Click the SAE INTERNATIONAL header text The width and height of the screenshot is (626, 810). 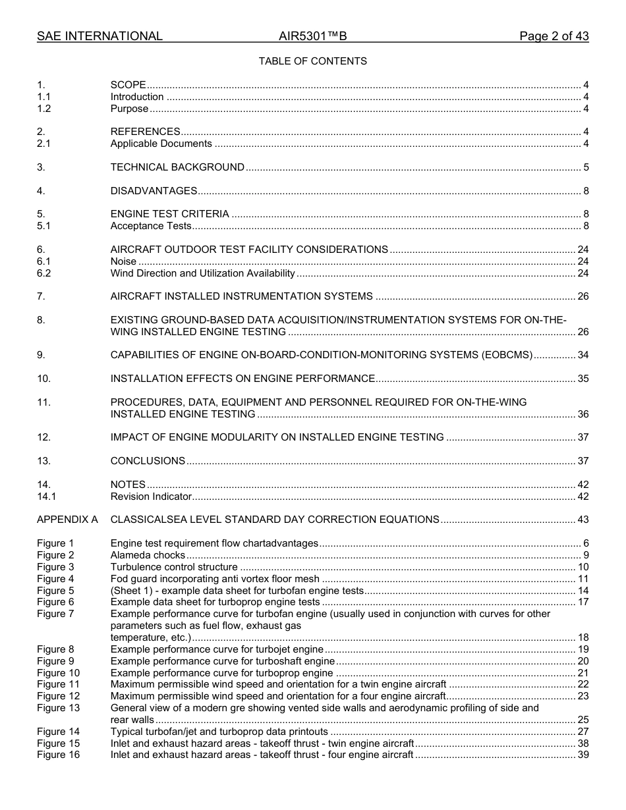tap(100, 36)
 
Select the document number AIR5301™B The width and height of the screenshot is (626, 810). tap(312, 36)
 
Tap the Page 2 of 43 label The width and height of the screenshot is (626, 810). tap(554, 36)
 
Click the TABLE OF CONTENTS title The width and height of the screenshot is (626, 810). tap(312, 61)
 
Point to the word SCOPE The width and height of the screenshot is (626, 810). tap(128, 85)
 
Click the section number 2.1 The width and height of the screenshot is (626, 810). tap(43, 144)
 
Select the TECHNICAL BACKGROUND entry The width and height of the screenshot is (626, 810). tap(177, 167)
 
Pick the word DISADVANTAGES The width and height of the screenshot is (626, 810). tap(154, 191)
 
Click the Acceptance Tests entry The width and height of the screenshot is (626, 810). tap(151, 226)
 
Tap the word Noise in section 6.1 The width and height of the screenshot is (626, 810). tap(123, 261)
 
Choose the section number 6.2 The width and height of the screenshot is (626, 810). tap(43, 273)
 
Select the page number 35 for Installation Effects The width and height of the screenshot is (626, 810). tap(583, 379)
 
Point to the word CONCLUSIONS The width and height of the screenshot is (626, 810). tap(148, 461)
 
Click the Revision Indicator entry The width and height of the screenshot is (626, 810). tap(151, 497)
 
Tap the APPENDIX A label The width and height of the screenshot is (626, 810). tap(67, 520)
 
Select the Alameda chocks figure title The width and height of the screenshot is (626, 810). tap(148, 555)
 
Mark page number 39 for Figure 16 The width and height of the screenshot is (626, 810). tap(583, 755)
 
